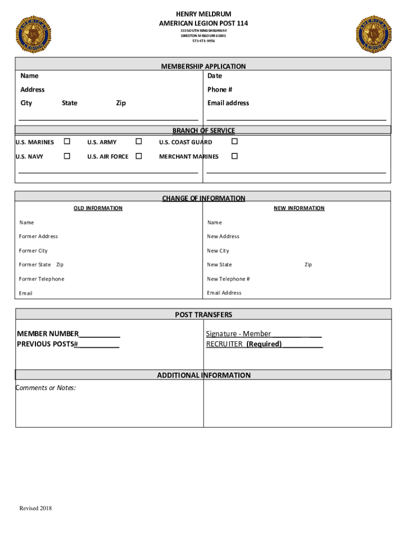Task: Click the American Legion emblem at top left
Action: tap(34, 34)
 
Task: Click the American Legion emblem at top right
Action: tap(374, 34)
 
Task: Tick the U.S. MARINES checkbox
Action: tap(67, 142)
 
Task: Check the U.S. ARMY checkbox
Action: tap(138, 142)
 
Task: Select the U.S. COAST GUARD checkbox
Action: tap(235, 142)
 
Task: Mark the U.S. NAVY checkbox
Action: tap(67, 156)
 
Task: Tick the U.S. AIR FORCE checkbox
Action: tap(138, 156)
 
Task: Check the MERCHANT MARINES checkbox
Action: tap(235, 156)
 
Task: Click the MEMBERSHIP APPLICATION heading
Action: tap(203, 66)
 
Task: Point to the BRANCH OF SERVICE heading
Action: tap(203, 131)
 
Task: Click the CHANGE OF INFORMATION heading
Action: tap(203, 198)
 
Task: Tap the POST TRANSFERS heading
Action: tap(203, 315)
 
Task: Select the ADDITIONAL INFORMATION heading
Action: tap(203, 375)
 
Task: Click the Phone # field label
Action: tap(220, 89)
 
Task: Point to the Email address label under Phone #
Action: tap(228, 103)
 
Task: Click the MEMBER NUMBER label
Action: tap(48, 333)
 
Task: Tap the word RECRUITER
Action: tap(224, 344)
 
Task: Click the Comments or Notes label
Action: tap(45, 388)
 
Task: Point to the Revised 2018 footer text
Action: tap(36, 509)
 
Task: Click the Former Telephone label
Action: tap(42, 279)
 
